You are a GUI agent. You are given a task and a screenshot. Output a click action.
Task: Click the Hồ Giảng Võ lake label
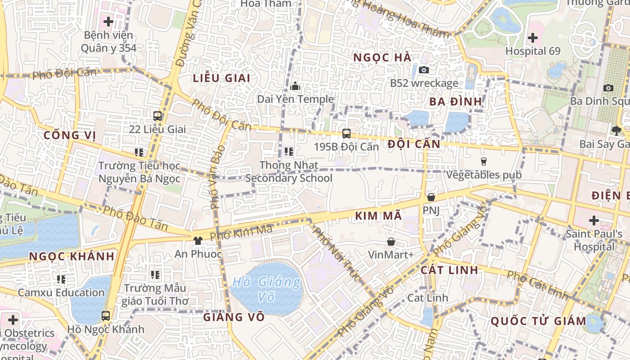[266, 289]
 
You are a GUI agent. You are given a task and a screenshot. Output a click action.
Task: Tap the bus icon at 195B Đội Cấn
[346, 133]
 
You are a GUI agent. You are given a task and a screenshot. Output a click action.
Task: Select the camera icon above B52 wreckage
[423, 70]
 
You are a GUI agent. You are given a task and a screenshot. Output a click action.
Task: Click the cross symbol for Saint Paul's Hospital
[594, 220]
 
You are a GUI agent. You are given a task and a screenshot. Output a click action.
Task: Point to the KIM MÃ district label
[378, 216]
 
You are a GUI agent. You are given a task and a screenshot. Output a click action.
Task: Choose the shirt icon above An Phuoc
[198, 240]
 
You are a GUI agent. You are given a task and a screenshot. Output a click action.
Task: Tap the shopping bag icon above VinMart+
[391, 242]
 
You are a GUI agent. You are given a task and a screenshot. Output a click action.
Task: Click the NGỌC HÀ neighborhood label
[382, 58]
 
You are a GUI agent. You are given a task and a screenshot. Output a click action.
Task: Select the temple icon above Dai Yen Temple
[295, 85]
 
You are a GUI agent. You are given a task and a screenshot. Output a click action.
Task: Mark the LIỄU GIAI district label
[221, 78]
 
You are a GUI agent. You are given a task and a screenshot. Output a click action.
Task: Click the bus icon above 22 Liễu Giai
[157, 116]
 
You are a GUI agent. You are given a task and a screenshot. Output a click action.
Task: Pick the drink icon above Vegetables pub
[484, 161]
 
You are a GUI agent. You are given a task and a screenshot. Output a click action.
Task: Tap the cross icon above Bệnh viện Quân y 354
[108, 21]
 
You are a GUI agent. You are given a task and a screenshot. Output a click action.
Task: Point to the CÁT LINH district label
[450, 270]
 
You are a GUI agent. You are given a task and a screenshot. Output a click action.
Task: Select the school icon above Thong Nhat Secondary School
[289, 152]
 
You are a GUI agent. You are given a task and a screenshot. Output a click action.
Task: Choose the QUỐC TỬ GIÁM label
[539, 321]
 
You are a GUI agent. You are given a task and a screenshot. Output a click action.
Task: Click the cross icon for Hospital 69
[533, 38]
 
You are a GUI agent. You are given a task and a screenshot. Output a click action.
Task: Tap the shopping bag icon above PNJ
[431, 197]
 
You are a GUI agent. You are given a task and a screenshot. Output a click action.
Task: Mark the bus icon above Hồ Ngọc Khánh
[106, 315]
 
